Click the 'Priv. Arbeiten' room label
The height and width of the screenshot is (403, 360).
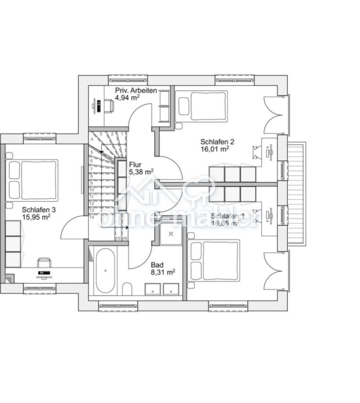click(x=135, y=90)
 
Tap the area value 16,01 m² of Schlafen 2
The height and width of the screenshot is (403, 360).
click(x=214, y=150)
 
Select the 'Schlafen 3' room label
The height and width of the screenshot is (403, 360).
click(x=38, y=210)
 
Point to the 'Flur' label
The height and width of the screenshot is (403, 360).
click(x=135, y=164)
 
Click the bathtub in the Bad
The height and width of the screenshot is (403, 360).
click(x=105, y=271)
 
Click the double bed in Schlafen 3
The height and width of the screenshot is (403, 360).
click(x=33, y=180)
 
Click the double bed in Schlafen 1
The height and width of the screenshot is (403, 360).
click(x=215, y=260)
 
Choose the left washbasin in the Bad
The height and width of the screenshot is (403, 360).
click(x=154, y=289)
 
